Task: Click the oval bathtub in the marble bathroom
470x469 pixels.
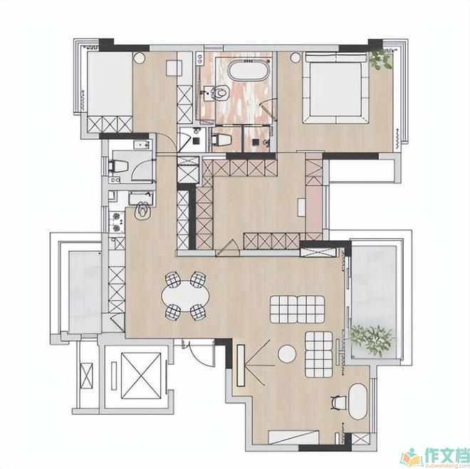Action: (249, 71)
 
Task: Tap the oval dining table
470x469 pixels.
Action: (185, 297)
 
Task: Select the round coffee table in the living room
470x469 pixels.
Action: (287, 354)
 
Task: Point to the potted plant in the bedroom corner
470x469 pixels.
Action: (380, 59)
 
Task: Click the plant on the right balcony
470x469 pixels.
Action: (372, 340)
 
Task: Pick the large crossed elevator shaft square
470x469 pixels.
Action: (141, 376)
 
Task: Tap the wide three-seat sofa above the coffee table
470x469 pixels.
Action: (297, 309)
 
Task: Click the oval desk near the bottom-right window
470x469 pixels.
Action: (358, 401)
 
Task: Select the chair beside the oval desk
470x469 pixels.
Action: (339, 402)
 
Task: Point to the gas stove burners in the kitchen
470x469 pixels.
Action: (116, 222)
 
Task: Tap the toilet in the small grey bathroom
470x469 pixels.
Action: (118, 166)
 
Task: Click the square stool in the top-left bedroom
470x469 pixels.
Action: (174, 68)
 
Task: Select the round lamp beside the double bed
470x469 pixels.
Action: (295, 57)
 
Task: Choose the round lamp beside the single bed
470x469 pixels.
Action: (139, 58)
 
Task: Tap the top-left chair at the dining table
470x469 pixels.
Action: (172, 279)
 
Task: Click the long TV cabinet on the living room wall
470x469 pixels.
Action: (241, 366)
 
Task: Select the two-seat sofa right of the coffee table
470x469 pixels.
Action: (318, 354)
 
